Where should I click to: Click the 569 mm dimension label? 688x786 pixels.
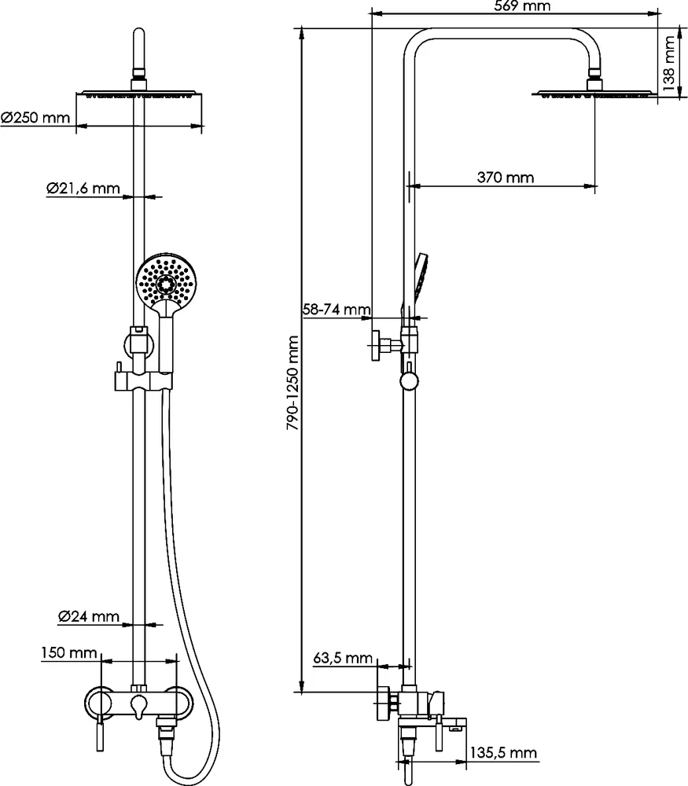tap(523, 6)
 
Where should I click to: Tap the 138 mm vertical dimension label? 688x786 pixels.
tap(668, 63)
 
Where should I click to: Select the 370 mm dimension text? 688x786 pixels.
tap(505, 178)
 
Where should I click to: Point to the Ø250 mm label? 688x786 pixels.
tap(35, 118)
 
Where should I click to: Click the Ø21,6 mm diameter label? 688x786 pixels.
tap(83, 189)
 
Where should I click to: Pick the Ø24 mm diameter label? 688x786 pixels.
tap(89, 617)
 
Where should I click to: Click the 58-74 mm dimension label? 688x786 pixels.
tap(337, 310)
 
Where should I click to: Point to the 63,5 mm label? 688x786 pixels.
tap(342, 658)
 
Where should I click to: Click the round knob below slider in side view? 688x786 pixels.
tap(409, 382)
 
